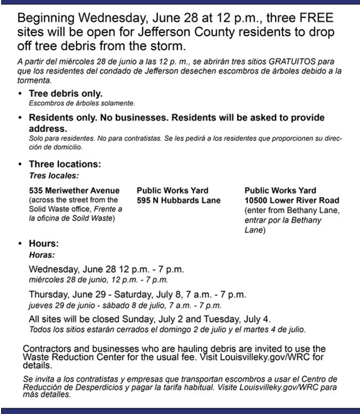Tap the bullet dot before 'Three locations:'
(20, 165)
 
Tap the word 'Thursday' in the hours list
(47, 294)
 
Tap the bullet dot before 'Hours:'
(20, 244)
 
